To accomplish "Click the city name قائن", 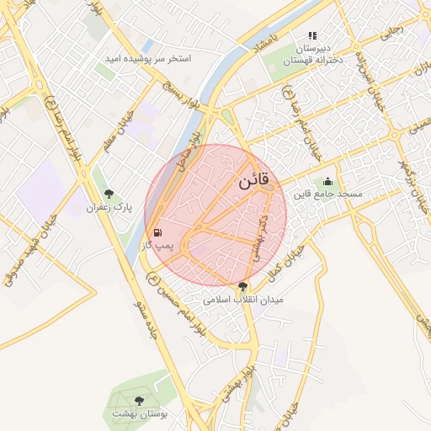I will pos(253,181).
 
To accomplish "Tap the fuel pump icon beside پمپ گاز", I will pos(157,232).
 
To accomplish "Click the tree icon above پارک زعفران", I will pos(107,194).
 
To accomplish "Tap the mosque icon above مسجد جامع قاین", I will pos(327,181).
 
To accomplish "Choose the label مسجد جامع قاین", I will pos(327,194).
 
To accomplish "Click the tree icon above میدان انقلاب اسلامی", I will pos(243,287).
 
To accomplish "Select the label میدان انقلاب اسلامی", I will pos(244,299).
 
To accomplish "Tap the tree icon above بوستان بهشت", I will pos(139,402).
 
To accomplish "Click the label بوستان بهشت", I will pos(140,414).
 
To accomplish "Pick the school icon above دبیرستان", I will pos(312,36).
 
